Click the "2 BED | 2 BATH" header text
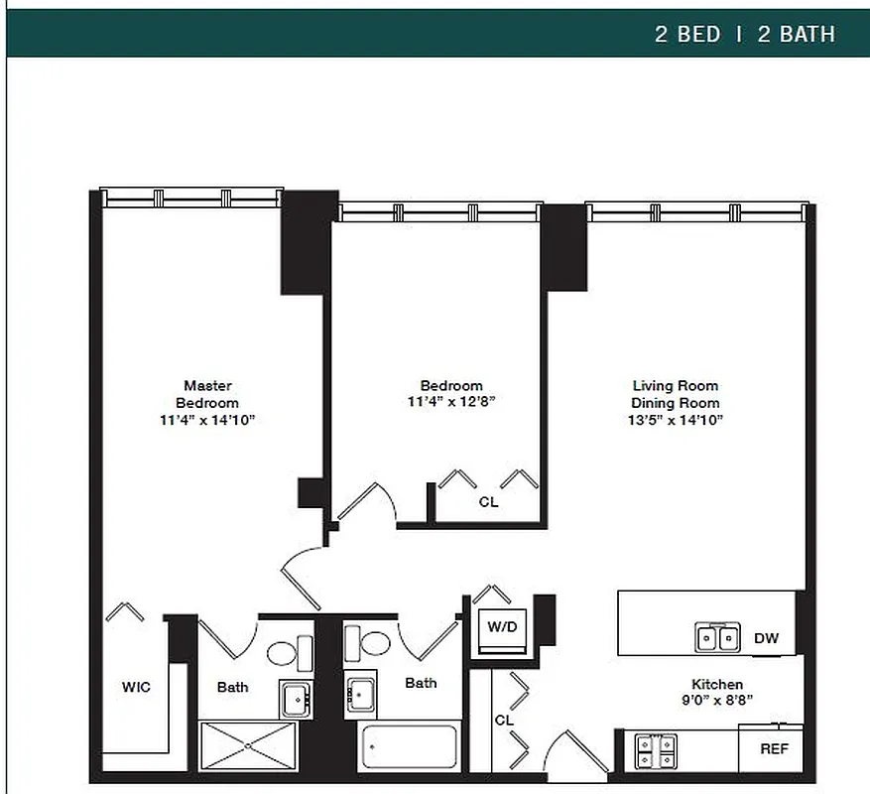[744, 34]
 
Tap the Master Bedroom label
[207, 394]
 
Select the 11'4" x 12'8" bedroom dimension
[450, 402]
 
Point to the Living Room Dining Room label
[676, 394]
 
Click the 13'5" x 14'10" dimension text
[676, 420]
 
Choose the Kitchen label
[717, 684]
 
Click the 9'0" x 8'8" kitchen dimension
[717, 701]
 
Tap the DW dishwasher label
[766, 638]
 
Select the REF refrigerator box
[774, 749]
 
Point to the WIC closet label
[136, 687]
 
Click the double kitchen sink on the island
[716, 637]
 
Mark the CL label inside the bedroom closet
[488, 502]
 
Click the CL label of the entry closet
[504, 720]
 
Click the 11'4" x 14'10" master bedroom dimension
[207, 420]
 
